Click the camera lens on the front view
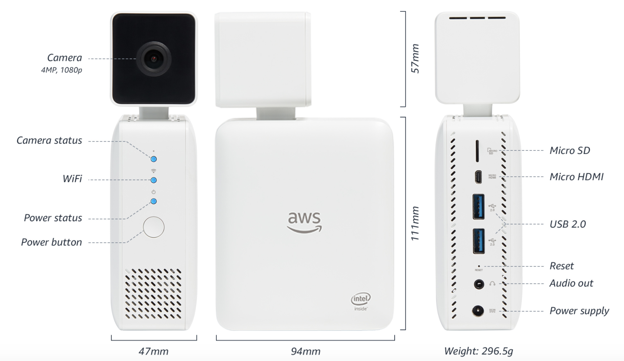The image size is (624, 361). [153, 59]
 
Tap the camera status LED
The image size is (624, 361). [153, 159]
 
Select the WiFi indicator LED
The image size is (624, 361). [153, 180]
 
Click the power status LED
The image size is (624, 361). [153, 201]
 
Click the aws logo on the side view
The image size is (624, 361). [304, 222]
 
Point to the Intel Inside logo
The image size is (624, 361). [361, 302]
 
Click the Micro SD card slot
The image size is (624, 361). [477, 151]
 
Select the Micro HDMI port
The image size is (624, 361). [478, 177]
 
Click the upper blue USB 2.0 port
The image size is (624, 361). [478, 206]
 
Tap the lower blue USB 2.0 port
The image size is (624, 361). [478, 241]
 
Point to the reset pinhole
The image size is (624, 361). [479, 266]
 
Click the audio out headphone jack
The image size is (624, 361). [479, 284]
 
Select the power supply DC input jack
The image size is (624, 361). [478, 311]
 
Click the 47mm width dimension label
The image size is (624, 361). [153, 351]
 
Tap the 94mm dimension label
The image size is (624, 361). [305, 351]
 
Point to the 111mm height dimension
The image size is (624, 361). [415, 223]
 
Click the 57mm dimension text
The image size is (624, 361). [415, 59]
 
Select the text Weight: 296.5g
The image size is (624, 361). [478, 351]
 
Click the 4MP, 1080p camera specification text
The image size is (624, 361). [62, 70]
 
